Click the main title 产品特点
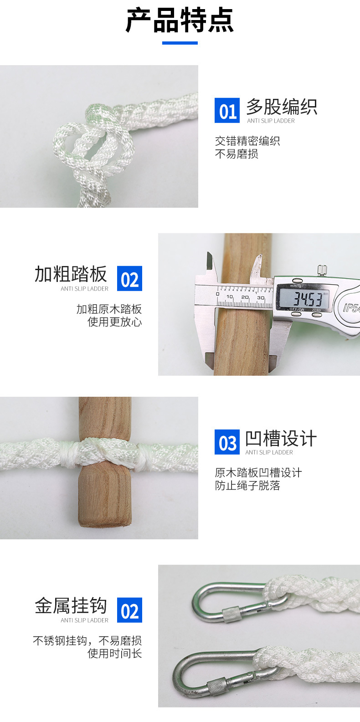(x=180, y=20)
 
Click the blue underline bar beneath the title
(x=180, y=43)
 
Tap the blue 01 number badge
(x=227, y=111)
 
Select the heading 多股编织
(x=282, y=107)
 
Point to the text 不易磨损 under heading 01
(x=237, y=154)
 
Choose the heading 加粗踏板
(x=71, y=274)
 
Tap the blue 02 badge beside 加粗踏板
(x=129, y=278)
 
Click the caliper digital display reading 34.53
(x=304, y=299)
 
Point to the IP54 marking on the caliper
(x=351, y=308)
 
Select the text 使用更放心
(x=114, y=322)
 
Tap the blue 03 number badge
(x=227, y=442)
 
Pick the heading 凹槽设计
(x=281, y=439)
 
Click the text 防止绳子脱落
(x=247, y=486)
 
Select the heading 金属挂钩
(x=71, y=606)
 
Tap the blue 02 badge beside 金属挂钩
(x=129, y=610)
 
